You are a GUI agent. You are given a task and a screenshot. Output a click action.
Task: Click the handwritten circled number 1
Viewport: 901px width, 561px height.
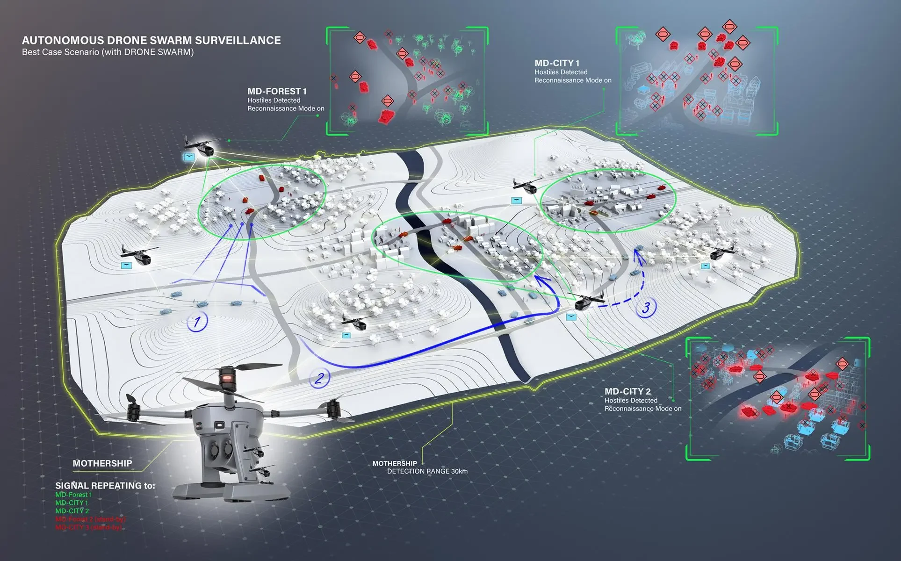click(197, 322)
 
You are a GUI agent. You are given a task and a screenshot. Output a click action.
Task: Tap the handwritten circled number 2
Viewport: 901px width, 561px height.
click(320, 377)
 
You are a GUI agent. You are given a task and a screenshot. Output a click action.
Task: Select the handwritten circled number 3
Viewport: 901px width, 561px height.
click(646, 307)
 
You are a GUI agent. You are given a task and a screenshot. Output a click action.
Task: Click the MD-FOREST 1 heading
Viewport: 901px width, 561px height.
click(277, 91)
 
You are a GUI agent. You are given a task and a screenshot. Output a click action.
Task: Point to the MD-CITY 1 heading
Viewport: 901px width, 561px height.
click(557, 63)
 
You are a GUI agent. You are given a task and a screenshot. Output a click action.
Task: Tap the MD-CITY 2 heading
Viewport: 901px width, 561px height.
click(627, 391)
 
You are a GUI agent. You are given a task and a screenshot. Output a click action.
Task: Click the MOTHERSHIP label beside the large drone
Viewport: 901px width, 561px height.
click(102, 463)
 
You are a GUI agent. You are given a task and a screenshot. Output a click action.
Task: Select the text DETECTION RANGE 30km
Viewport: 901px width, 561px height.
click(427, 471)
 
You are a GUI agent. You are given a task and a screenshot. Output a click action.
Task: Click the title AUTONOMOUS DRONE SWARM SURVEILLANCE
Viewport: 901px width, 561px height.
click(151, 40)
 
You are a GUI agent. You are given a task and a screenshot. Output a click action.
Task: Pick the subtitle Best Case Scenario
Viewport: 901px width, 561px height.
click(108, 52)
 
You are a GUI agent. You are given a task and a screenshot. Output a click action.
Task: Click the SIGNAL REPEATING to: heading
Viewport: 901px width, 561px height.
click(105, 486)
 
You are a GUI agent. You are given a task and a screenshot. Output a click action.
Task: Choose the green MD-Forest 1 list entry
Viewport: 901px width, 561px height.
click(73, 495)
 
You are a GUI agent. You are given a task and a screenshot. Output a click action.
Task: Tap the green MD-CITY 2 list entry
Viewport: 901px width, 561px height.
click(72, 511)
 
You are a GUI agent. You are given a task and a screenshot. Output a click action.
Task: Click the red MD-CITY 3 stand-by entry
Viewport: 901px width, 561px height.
click(89, 527)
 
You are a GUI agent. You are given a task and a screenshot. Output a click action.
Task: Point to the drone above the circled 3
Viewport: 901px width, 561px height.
click(586, 300)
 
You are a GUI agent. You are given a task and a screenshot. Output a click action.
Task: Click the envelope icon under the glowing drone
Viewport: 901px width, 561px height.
click(190, 157)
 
